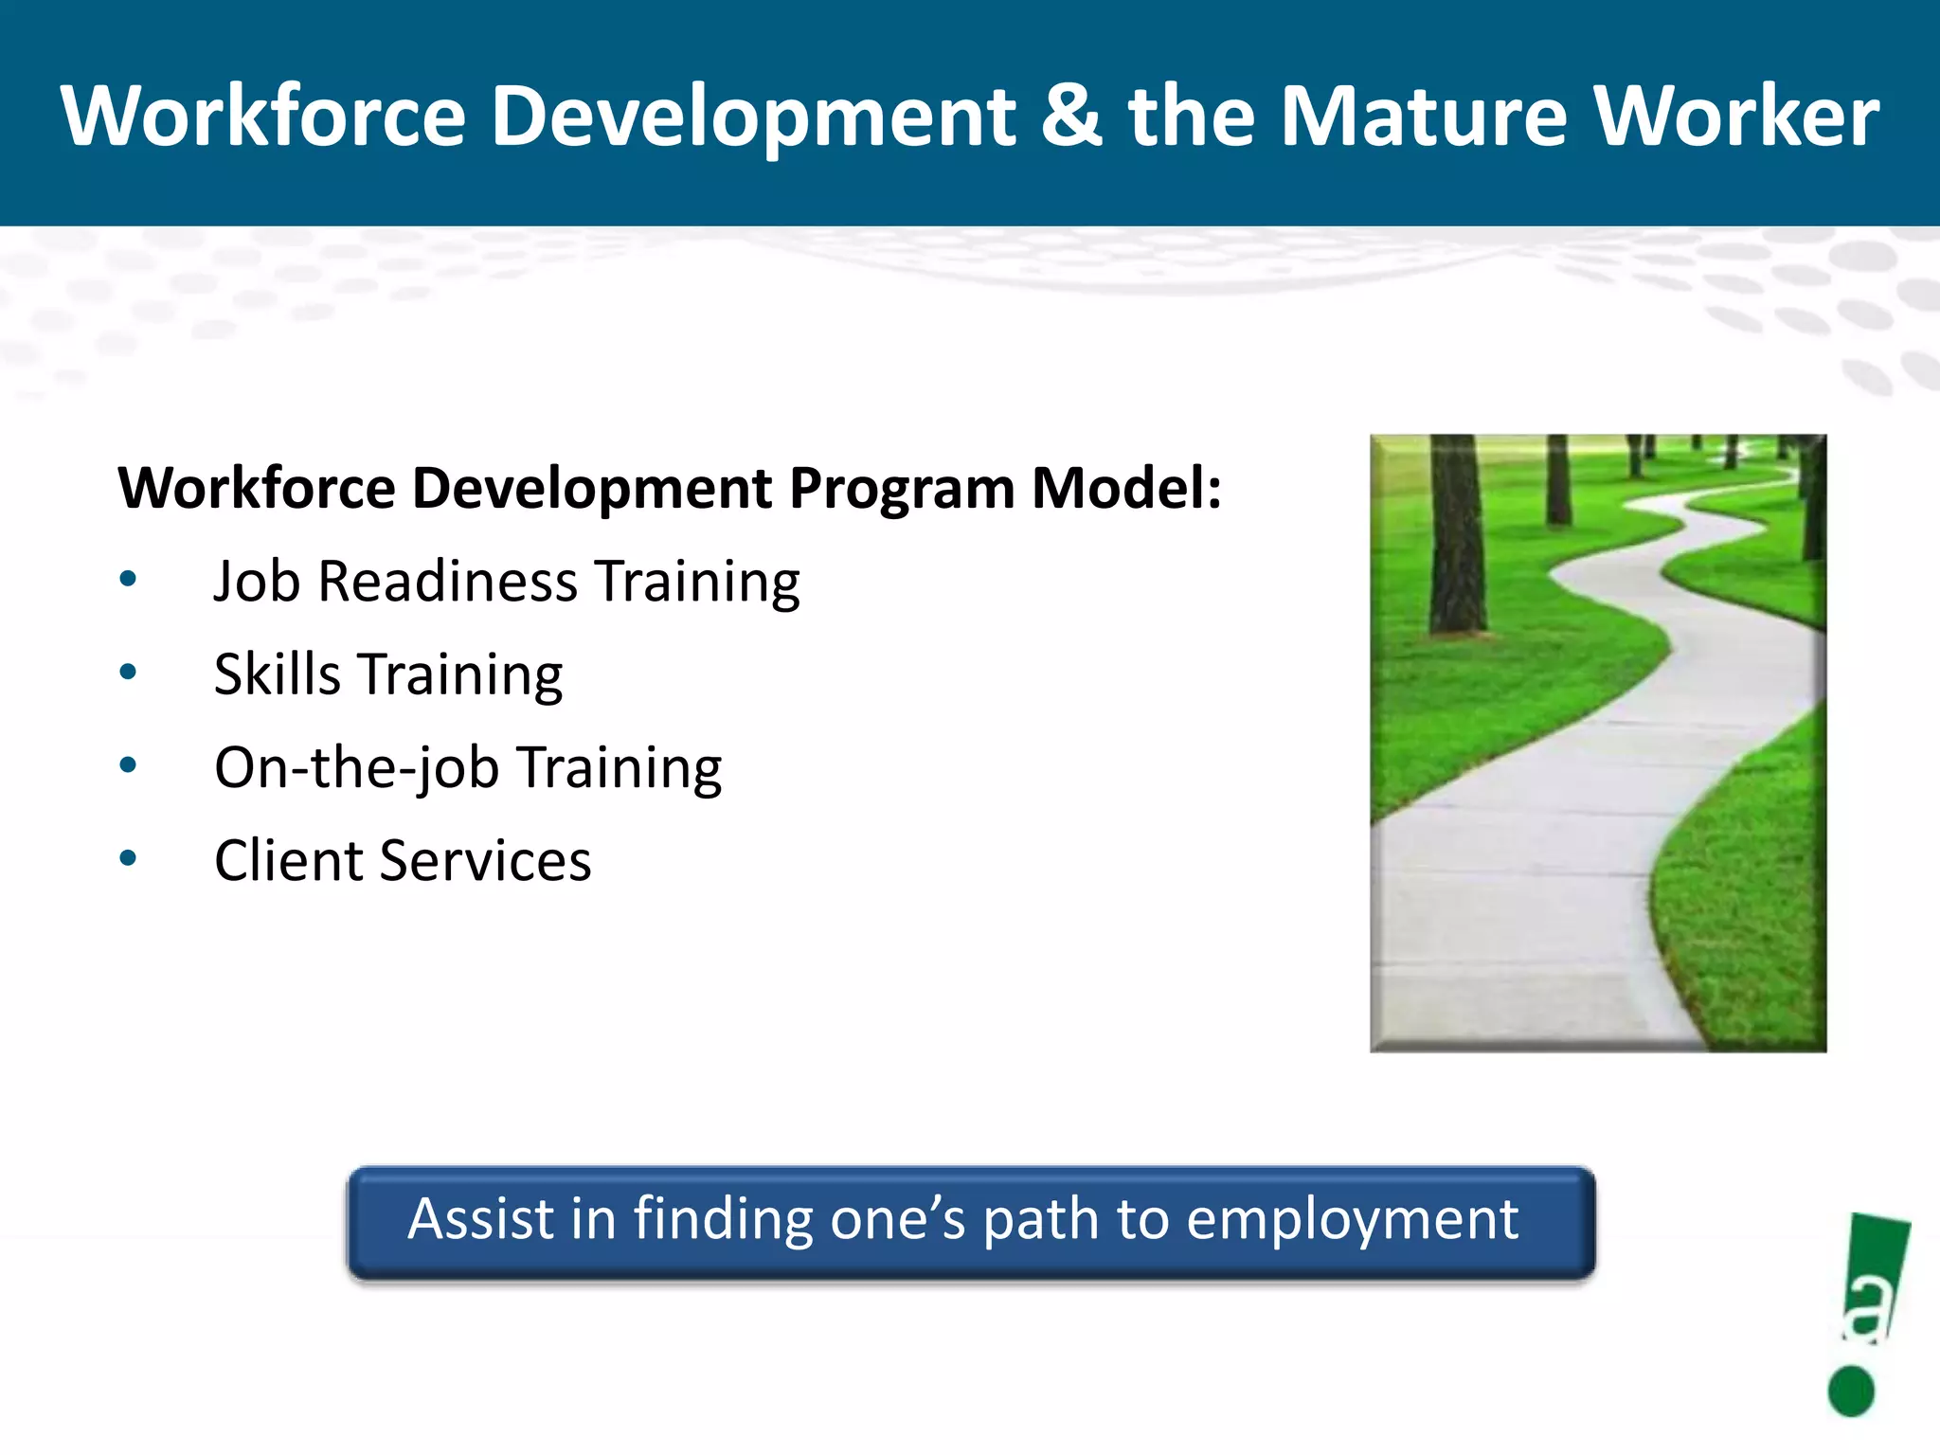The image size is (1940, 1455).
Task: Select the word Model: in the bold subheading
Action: pos(1126,489)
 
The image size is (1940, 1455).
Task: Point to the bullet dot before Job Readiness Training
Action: pos(129,579)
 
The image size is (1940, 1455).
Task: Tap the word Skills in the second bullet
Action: pos(277,674)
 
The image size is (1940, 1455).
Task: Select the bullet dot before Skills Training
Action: pos(129,672)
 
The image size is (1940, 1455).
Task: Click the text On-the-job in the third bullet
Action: pos(356,767)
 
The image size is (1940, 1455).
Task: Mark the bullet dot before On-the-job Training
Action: pos(129,764)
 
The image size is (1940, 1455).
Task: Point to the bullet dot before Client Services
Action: pos(129,858)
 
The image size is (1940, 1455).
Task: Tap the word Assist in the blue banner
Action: pos(480,1218)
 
